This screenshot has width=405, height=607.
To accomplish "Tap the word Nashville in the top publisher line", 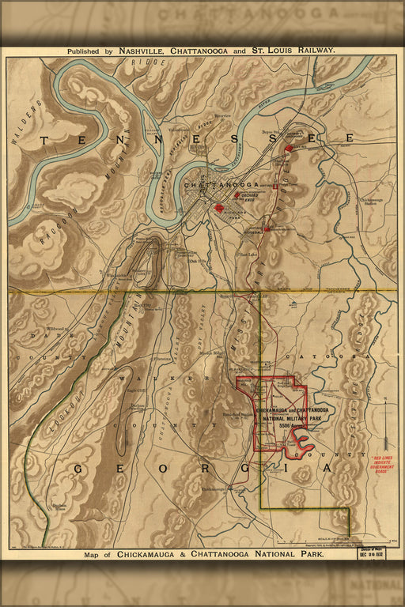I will coord(145,50).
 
